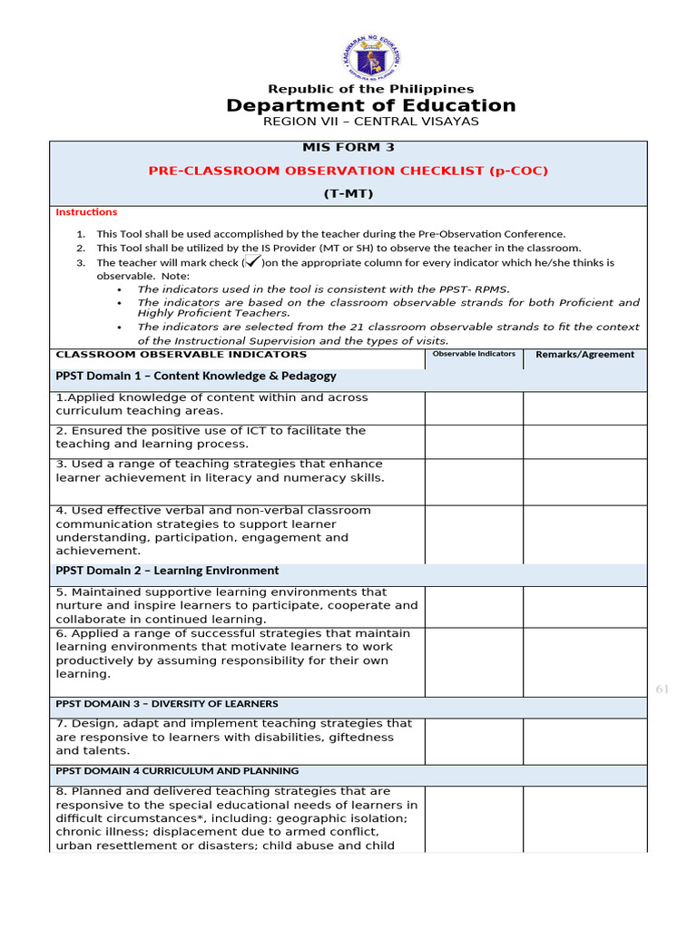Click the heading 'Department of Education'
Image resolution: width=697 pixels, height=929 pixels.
(x=370, y=106)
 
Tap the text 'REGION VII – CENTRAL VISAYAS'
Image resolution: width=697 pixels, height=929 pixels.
(x=370, y=122)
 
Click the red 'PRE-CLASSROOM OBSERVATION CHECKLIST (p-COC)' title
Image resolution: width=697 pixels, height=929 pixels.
(x=348, y=171)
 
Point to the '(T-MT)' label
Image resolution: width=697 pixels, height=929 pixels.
(x=348, y=193)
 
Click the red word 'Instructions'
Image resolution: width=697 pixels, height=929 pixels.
(x=86, y=212)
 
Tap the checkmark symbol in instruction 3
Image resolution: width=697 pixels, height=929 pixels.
(x=253, y=262)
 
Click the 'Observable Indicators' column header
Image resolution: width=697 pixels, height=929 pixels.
(x=474, y=354)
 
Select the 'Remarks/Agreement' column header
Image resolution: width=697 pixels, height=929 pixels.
(x=585, y=355)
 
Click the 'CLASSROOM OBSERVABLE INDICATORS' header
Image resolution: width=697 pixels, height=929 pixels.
(x=182, y=355)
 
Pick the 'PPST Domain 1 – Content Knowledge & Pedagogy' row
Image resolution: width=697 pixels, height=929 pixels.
(x=196, y=376)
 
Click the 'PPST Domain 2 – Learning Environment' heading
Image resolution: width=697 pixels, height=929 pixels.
(x=167, y=571)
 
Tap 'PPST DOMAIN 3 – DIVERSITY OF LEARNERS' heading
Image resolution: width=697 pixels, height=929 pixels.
(x=167, y=704)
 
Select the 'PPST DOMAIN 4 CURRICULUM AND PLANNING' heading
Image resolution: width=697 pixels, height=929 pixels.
(x=177, y=771)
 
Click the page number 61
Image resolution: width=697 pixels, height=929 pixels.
(x=662, y=689)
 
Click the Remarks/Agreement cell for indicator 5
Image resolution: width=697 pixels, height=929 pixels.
(x=585, y=606)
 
